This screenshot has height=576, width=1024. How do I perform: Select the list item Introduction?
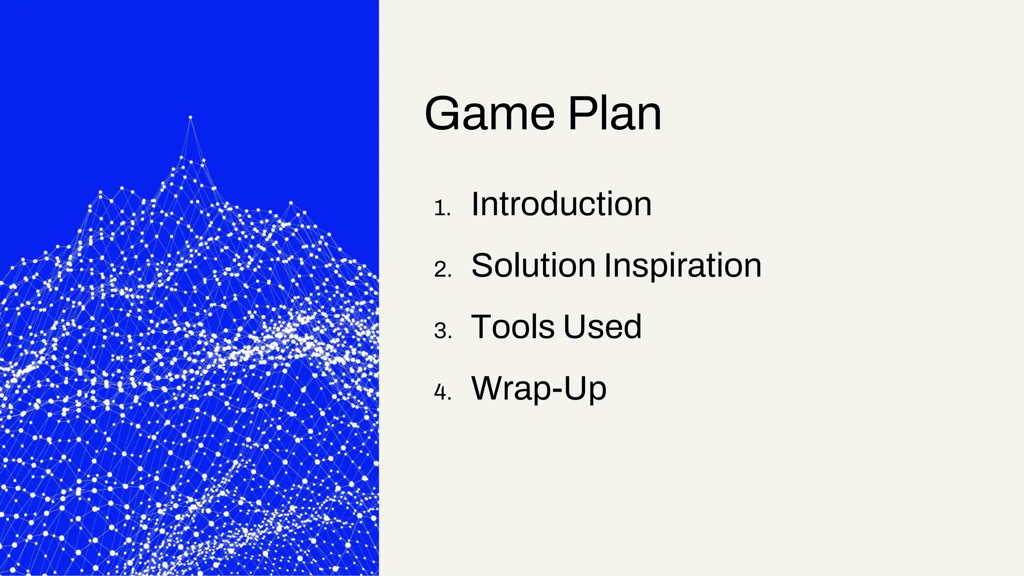561,204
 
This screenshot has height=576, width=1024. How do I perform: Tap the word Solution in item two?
533,265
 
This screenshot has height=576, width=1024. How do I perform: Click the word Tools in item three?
513,327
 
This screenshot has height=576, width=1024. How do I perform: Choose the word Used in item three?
602,327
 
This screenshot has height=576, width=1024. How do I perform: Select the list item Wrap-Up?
538,388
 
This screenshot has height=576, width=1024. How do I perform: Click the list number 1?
441,208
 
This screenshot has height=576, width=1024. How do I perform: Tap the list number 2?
442,270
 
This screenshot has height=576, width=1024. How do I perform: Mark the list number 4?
442,392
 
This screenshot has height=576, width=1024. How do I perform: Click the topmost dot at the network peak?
190,117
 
